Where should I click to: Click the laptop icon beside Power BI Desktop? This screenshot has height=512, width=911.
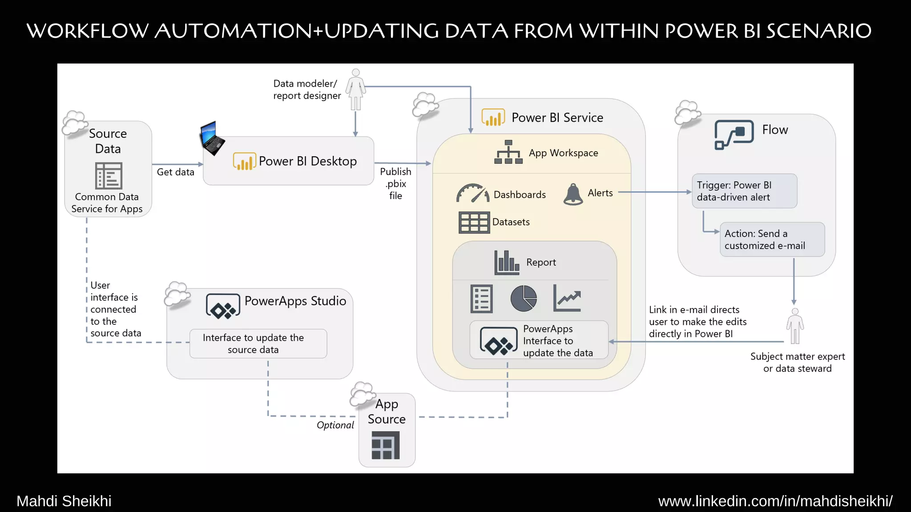[x=212, y=138]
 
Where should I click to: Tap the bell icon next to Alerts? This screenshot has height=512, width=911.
[x=573, y=194]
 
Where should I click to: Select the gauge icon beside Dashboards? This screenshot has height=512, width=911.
[x=472, y=193]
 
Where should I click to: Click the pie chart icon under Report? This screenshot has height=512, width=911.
[x=524, y=298]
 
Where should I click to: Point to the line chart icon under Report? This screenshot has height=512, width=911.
[x=567, y=298]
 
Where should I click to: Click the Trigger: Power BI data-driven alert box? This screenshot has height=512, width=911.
[x=744, y=191]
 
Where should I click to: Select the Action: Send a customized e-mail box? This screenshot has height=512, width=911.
[x=772, y=240]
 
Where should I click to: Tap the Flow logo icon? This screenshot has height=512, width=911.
[x=734, y=134]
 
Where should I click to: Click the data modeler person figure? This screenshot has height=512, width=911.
[x=355, y=89]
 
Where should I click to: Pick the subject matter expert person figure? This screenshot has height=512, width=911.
[x=795, y=326]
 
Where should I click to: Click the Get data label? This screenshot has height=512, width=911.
[x=175, y=172]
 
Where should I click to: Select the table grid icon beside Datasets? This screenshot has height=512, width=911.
[x=474, y=222]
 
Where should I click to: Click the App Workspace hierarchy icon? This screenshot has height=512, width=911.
[x=508, y=152]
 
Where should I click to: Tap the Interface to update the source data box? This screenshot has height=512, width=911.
[x=258, y=344]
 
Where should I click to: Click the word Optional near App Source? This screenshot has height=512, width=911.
[x=335, y=425]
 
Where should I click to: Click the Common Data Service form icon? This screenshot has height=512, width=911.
[x=109, y=176]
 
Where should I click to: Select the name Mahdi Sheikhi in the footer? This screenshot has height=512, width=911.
[x=64, y=501]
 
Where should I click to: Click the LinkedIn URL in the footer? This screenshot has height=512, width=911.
[x=775, y=501]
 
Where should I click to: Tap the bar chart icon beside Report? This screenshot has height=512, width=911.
[x=506, y=262]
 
